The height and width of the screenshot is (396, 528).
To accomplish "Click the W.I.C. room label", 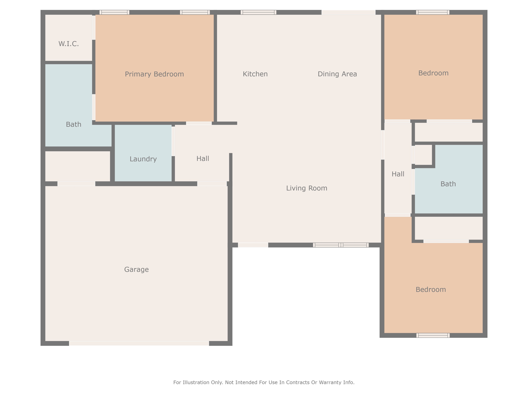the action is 69,44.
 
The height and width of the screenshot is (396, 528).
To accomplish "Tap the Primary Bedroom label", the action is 154,74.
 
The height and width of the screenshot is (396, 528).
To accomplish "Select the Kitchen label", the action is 255,74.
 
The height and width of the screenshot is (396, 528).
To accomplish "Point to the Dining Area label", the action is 337,74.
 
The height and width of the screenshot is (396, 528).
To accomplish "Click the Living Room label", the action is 307,188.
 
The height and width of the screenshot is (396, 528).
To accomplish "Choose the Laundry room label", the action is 143,159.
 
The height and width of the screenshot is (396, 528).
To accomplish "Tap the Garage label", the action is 136,269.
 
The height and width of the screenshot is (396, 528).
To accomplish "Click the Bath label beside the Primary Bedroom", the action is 73,125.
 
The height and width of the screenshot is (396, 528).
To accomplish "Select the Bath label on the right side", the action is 448,184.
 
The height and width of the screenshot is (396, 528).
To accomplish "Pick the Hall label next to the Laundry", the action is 203,159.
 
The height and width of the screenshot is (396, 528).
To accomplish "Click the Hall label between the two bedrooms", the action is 398,174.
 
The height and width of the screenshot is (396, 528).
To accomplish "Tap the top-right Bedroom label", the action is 433,73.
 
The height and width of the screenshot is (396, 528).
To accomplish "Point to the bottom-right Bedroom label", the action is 431,290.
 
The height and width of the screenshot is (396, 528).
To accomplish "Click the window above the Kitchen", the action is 259,12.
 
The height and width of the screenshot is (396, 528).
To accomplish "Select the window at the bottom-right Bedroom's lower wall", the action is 433,335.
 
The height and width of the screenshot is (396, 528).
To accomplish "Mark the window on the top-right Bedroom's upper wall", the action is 433,12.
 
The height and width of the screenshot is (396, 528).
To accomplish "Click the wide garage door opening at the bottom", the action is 139,343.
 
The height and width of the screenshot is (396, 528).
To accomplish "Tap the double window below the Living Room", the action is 341,245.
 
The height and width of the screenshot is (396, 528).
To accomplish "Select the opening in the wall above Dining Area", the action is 349,12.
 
